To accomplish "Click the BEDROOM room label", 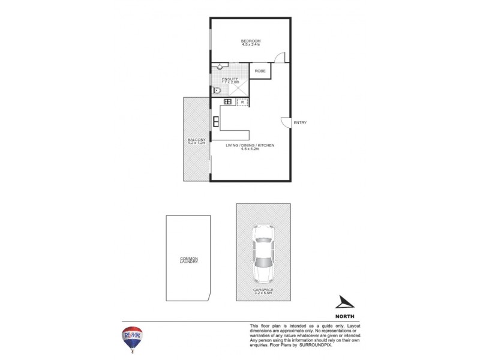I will [251, 40].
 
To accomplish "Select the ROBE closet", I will [260, 71].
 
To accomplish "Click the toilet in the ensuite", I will [217, 91].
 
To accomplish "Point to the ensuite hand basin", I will [220, 67].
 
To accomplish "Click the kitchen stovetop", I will [228, 102].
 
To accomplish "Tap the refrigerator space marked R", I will [242, 103].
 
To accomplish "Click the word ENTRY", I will [300, 123].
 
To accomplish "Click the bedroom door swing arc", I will [279, 57].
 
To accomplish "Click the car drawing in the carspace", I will [262, 253].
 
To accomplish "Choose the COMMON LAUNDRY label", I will [189, 260].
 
